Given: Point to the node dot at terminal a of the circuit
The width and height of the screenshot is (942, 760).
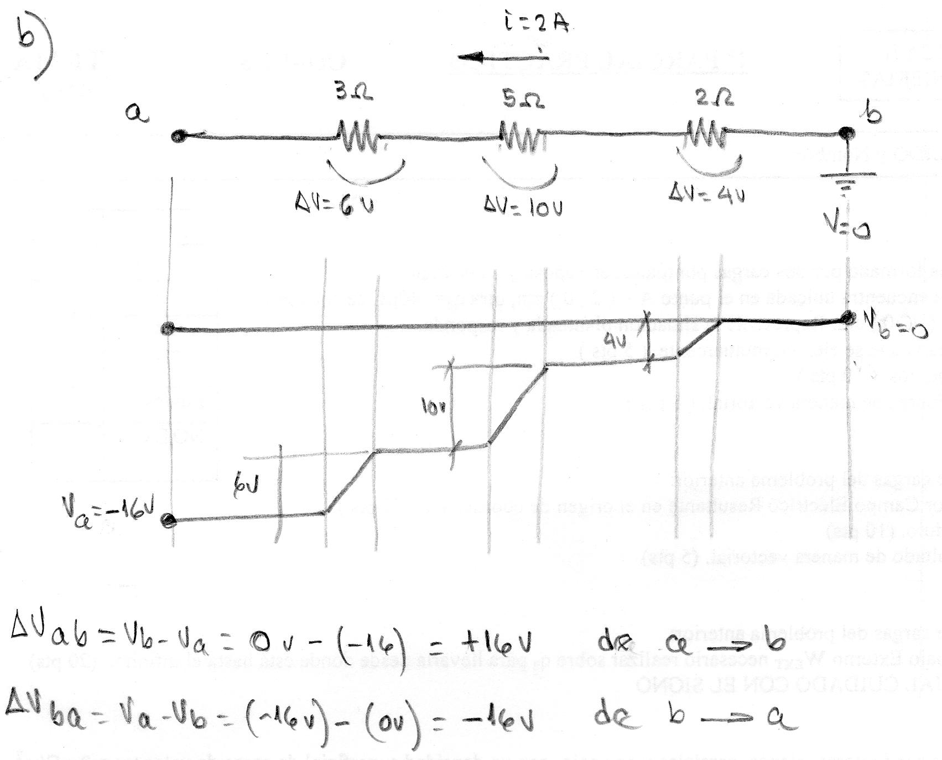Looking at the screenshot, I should pos(177,136).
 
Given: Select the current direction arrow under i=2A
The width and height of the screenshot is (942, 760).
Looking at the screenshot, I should pos(501,56).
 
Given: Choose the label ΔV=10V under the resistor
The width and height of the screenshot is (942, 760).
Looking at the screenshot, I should pos(523,206).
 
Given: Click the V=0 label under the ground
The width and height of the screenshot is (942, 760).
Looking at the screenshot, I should pos(846,225).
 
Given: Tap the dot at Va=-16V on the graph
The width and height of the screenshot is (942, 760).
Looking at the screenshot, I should pos(168,519).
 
